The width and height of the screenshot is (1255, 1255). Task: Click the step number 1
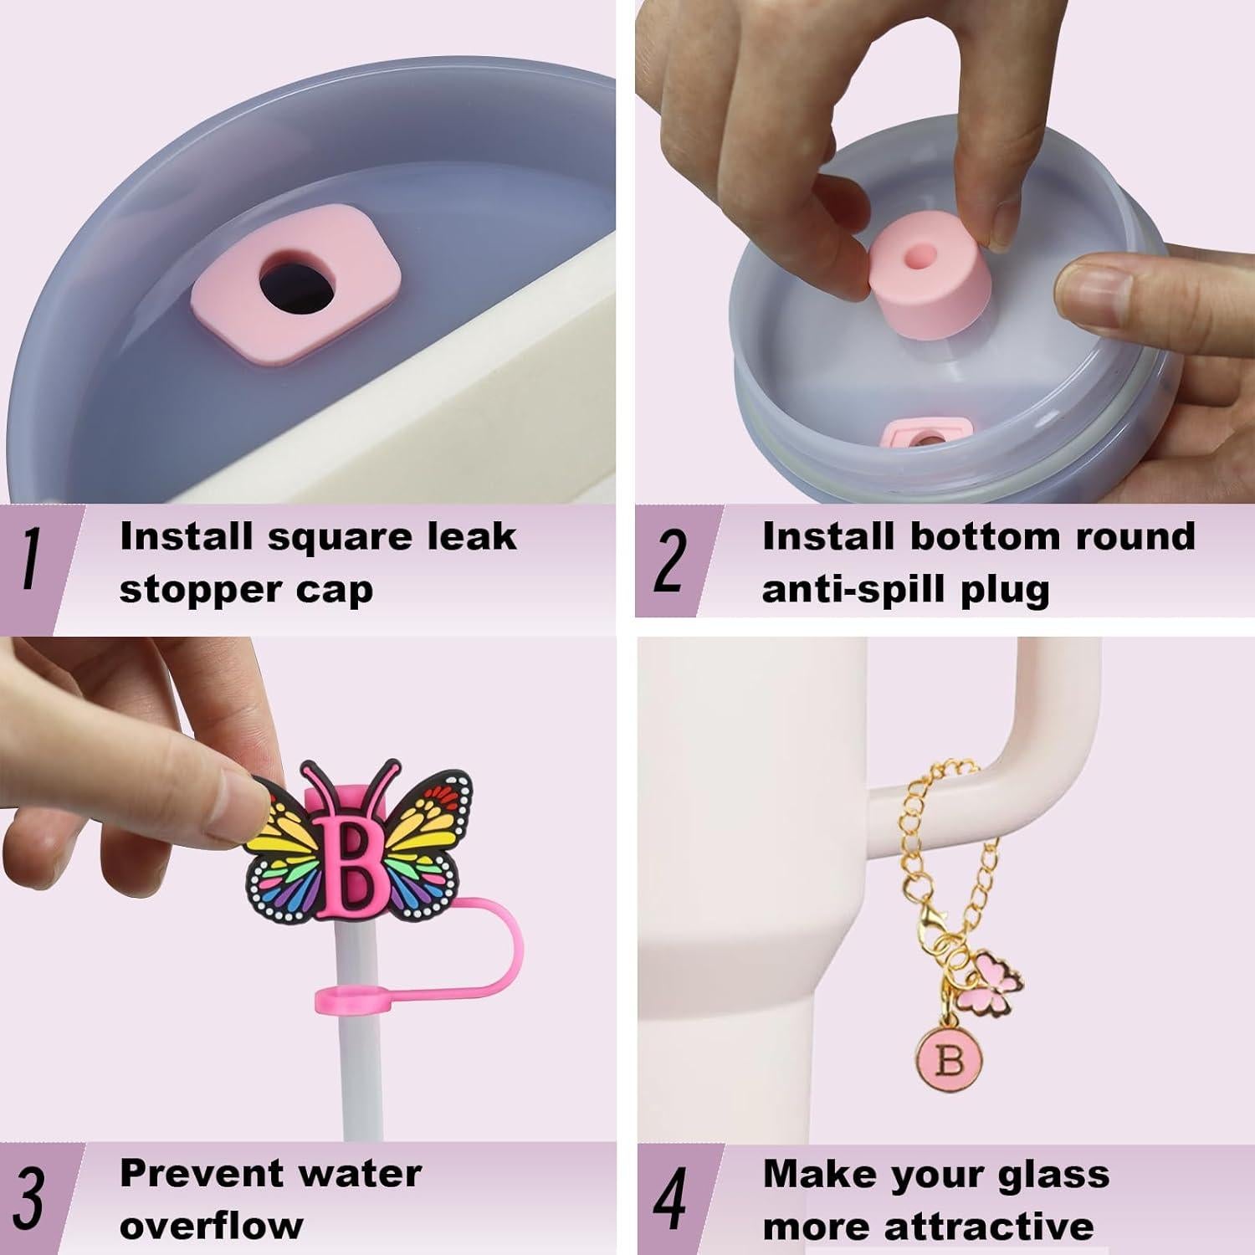coord(31,561)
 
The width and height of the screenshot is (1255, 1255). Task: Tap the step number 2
coord(669,561)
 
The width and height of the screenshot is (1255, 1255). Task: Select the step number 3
coord(29,1198)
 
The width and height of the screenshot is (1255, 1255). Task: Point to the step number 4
coord(669,1198)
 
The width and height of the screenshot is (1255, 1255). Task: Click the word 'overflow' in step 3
coord(211,1227)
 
